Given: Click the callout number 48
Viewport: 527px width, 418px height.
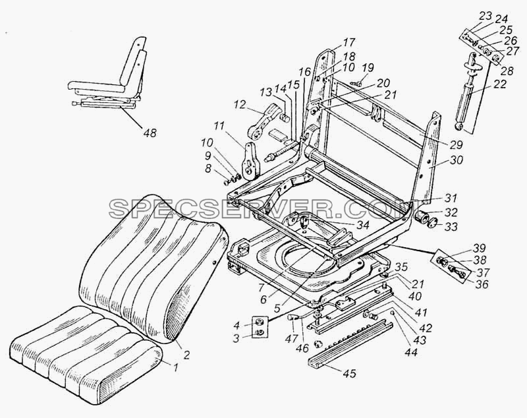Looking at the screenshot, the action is [150, 133].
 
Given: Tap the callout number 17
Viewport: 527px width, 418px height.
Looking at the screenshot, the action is [348, 43].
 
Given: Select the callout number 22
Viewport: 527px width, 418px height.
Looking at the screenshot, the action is [499, 84].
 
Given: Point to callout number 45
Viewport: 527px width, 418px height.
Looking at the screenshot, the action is [350, 373].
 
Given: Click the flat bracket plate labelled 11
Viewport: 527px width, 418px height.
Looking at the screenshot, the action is [251, 161].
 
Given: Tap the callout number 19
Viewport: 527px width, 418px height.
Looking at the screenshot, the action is [368, 68].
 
